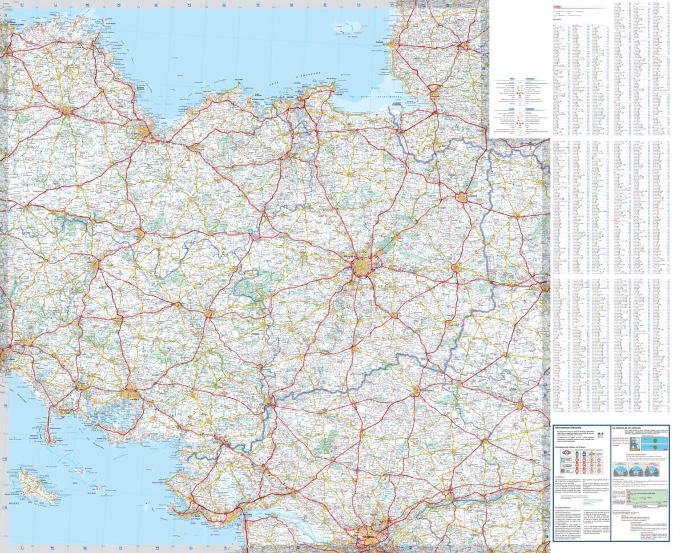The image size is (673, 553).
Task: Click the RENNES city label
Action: point(350,257)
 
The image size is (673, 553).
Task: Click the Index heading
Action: point(557,7)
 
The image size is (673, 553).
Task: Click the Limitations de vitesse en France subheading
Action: point(573,447)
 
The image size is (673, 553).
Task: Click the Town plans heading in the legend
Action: point(527,80)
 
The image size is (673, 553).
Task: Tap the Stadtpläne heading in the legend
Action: point(527,110)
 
